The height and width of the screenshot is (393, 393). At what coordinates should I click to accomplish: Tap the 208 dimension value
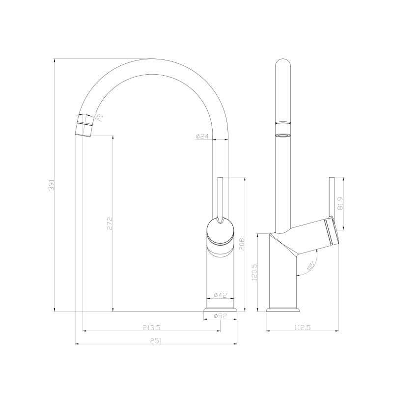coord(241,243)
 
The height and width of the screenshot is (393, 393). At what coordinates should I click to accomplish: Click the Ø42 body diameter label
coord(220,295)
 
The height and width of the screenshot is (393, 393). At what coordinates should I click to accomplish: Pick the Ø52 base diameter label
coord(220,316)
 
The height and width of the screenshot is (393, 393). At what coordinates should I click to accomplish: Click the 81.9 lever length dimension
coord(339,202)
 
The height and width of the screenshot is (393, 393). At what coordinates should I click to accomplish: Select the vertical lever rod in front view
coord(221,196)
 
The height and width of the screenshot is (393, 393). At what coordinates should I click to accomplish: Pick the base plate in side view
coord(282,309)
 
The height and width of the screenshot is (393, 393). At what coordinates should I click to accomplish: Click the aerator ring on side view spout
coord(282,132)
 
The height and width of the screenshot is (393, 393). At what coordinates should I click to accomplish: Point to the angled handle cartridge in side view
coord(314,236)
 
